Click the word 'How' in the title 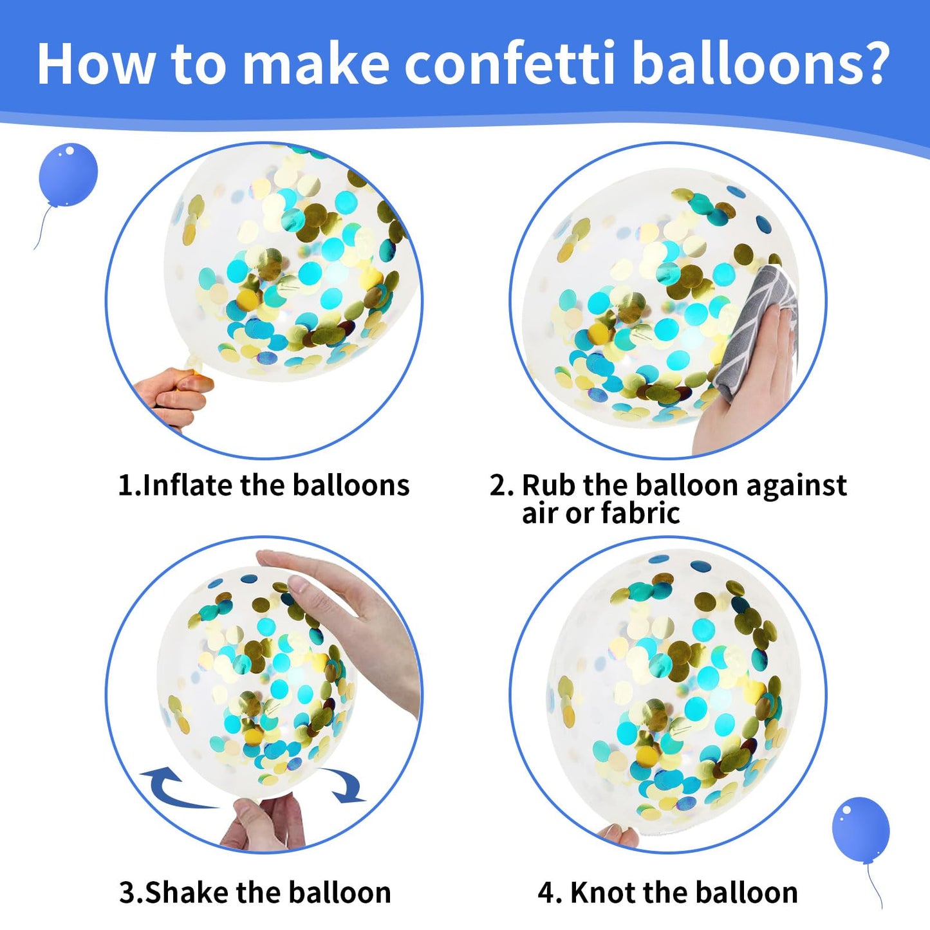(95, 64)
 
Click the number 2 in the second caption (498, 485)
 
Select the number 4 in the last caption (546, 893)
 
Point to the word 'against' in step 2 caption (796, 485)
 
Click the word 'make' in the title (315, 64)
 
